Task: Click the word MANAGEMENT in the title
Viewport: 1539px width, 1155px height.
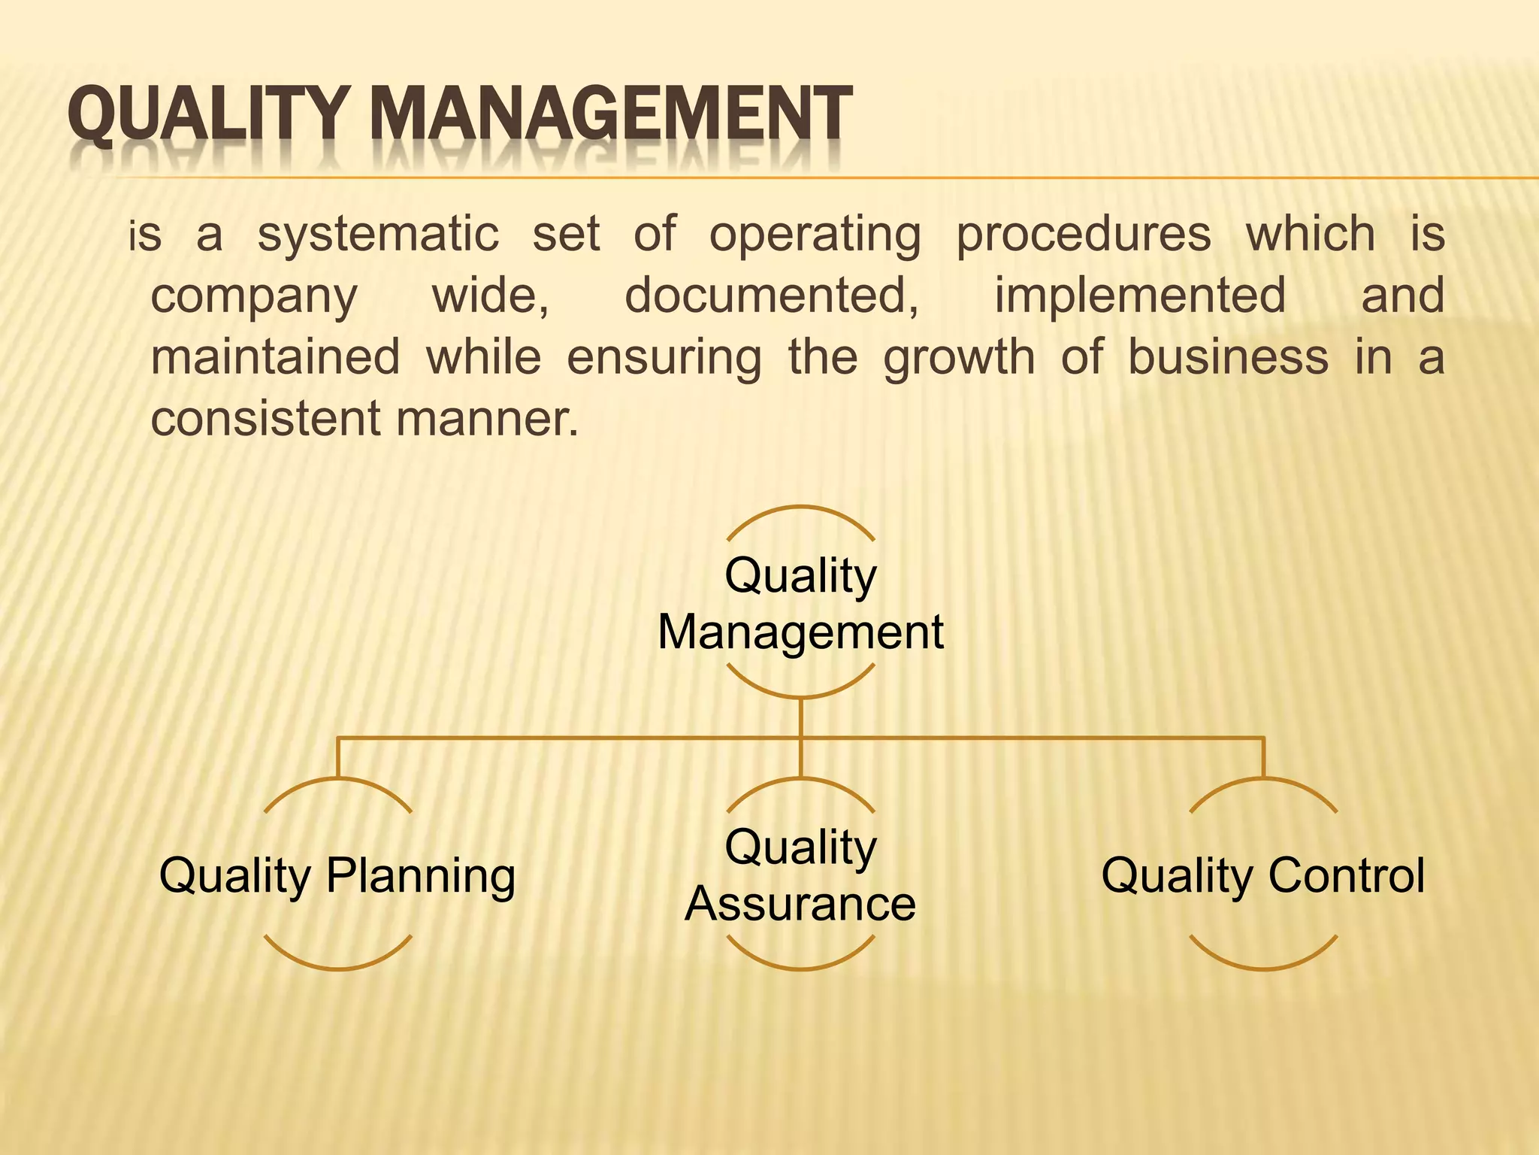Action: pyautogui.click(x=611, y=114)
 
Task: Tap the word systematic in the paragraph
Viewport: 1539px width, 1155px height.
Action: pyautogui.click(x=378, y=235)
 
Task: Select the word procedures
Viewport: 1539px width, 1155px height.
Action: pyautogui.click(x=1083, y=235)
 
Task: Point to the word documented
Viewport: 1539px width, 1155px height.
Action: pyautogui.click(x=771, y=295)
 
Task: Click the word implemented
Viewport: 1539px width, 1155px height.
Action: pyautogui.click(x=1140, y=295)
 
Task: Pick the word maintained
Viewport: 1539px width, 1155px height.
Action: pyautogui.click(x=275, y=356)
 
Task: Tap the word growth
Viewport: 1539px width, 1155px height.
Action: pyautogui.click(x=959, y=358)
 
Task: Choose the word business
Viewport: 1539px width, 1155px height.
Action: pyautogui.click(x=1228, y=356)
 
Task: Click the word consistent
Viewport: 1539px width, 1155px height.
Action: pyautogui.click(x=267, y=418)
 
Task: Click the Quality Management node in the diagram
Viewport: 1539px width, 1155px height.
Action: pyautogui.click(x=800, y=603)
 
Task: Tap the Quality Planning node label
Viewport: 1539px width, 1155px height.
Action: pyautogui.click(x=337, y=875)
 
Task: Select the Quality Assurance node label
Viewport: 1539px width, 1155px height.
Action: pyautogui.click(x=800, y=875)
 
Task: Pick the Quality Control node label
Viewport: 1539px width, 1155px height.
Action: pyautogui.click(x=1263, y=875)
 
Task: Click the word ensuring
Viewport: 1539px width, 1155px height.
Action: pyautogui.click(x=664, y=358)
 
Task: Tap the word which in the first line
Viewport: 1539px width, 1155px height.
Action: pyautogui.click(x=1311, y=235)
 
